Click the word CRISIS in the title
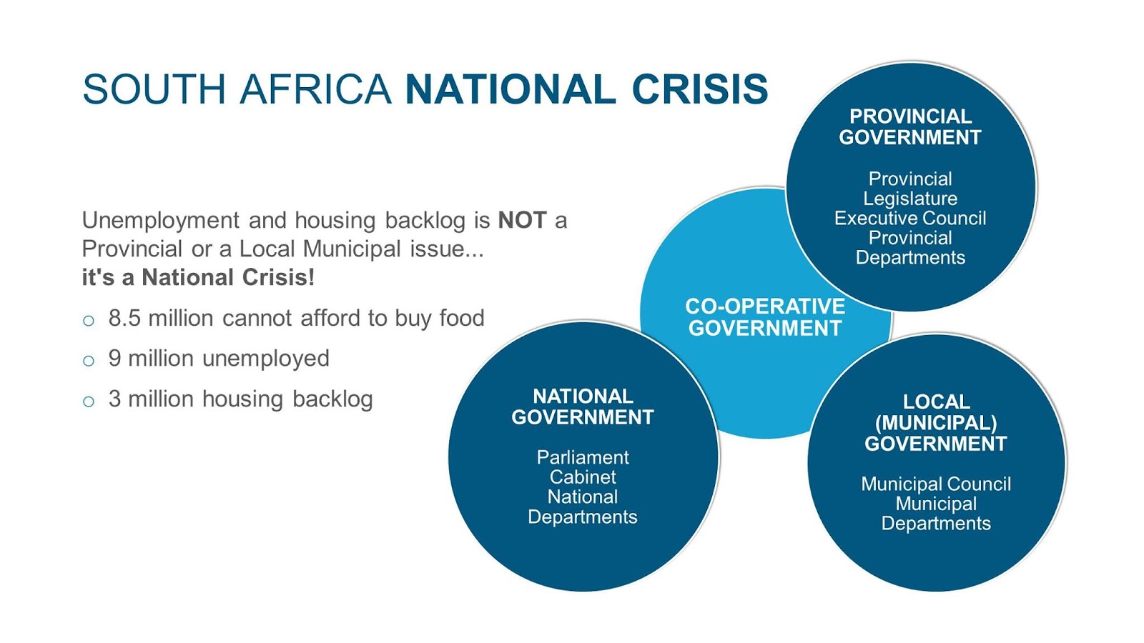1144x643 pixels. point(700,89)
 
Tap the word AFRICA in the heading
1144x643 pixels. point(315,89)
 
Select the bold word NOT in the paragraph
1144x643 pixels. point(523,221)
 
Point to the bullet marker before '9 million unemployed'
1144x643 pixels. point(89,361)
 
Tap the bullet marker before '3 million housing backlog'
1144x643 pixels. point(89,401)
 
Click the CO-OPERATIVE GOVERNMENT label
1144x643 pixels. point(765,317)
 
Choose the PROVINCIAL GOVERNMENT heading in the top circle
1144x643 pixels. point(910,126)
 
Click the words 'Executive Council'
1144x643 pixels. point(910,219)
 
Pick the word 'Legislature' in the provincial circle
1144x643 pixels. point(910,199)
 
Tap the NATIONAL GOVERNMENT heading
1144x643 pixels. point(583,407)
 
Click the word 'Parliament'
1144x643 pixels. point(583,457)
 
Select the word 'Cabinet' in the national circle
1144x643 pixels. point(583,477)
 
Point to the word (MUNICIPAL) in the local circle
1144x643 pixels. point(936,422)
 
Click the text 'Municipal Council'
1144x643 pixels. point(936,484)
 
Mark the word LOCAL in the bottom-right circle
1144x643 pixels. point(937,402)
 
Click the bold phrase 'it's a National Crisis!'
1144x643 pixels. point(198,278)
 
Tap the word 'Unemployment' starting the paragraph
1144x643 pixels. point(160,221)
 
